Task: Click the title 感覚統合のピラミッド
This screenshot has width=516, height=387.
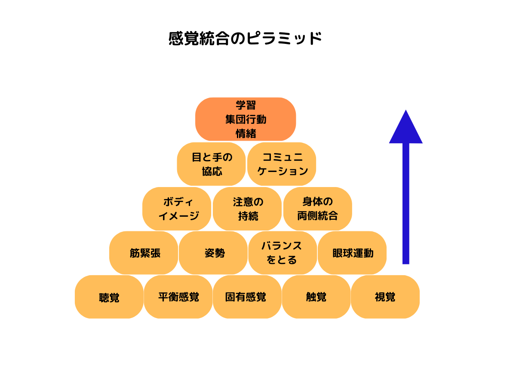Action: pos(245,39)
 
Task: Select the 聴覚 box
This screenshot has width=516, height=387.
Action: pos(109,297)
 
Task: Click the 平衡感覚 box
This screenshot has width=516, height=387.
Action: pos(178,297)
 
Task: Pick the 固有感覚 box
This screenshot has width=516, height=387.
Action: pos(247,297)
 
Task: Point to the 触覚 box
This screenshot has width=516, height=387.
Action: pos(316,297)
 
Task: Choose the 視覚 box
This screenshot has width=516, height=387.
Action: pos(385,297)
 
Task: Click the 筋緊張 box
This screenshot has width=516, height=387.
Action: pos(144,253)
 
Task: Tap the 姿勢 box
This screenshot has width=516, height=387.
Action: pos(213,253)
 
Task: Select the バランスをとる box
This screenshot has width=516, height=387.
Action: pos(283,253)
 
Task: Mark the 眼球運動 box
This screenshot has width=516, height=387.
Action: pos(352,253)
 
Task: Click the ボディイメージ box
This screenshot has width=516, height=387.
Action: pos(177,209)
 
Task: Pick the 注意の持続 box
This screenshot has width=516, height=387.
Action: pos(247,209)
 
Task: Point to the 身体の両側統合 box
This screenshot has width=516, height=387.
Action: pos(318,209)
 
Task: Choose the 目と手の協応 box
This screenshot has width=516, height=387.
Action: pos(211,164)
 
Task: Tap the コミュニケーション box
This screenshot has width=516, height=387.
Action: pos(282,164)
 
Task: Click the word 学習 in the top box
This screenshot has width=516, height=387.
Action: pos(246,105)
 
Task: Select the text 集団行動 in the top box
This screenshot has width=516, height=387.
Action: pos(246,120)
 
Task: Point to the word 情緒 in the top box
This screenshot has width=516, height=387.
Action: pos(246,134)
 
